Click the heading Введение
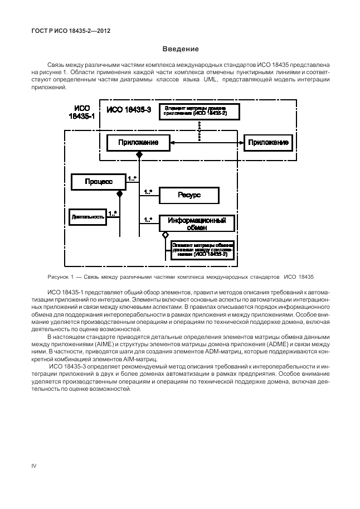coord(180,49)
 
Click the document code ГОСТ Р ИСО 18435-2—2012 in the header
coord(67,31)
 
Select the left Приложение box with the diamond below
coord(138,143)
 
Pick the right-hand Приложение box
coord(269,143)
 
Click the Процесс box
coord(99,181)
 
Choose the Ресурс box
coord(189,195)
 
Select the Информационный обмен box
coord(197,223)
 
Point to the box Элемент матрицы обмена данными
coord(203,249)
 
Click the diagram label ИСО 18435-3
coord(129,110)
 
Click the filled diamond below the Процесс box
coord(119,193)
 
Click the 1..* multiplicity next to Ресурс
coord(148,192)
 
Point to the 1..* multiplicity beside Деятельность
coord(112,212)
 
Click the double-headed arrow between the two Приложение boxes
coord(207,143)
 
